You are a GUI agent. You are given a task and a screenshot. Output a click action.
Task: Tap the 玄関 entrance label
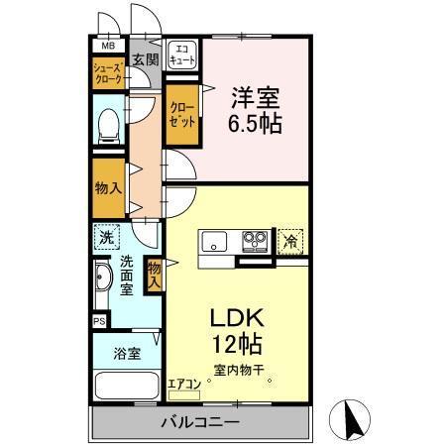coord(145,59)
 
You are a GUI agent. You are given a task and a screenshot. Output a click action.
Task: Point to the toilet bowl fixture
coord(110,125)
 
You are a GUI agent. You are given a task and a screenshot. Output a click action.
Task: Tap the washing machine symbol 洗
coord(106,238)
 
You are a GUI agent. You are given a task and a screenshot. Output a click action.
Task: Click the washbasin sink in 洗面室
coord(101,285)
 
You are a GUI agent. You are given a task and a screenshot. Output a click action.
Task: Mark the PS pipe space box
coord(98,321)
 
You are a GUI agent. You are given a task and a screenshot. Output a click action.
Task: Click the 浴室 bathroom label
coord(127,352)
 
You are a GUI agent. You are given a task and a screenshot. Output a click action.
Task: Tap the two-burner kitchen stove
coord(253,242)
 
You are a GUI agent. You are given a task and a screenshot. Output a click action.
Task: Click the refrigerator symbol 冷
coord(291,241)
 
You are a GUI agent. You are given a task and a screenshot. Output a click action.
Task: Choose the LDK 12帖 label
coord(236,332)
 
